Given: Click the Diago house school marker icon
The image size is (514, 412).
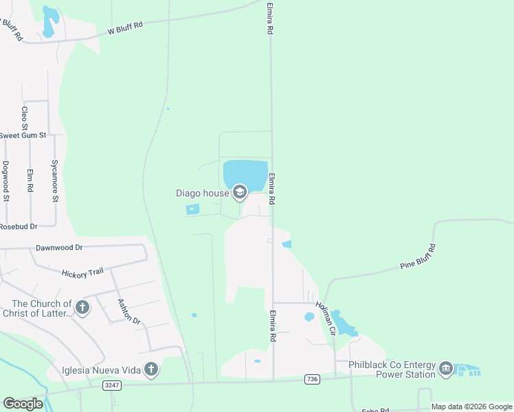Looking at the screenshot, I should click(240, 192).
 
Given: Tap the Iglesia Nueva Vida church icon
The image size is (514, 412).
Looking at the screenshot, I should click(151, 369).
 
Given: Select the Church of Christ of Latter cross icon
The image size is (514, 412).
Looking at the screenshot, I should click(82, 307).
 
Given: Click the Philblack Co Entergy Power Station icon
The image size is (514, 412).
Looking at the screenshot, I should click(446, 369).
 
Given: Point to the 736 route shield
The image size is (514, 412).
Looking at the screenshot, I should click(313, 379).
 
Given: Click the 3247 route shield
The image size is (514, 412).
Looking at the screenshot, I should click(112, 386).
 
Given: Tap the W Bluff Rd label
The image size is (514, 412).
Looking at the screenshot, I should click(124, 28).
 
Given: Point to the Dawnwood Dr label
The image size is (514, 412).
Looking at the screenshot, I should click(59, 247).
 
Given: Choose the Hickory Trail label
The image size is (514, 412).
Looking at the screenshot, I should click(82, 272).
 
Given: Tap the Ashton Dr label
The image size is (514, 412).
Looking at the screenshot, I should click(128, 311).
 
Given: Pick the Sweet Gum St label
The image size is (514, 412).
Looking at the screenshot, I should click(22, 135).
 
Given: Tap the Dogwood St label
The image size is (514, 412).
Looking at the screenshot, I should click(5, 181).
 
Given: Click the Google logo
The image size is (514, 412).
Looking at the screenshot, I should click(23, 404).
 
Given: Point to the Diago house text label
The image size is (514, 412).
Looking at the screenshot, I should click(201, 193).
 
